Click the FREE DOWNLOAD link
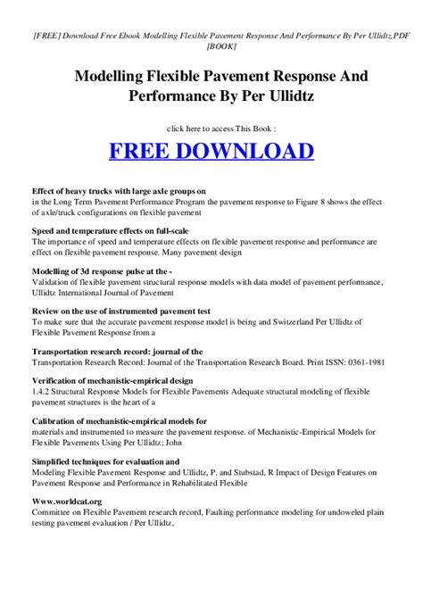[x=211, y=149]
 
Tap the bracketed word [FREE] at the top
[x=47, y=29]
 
